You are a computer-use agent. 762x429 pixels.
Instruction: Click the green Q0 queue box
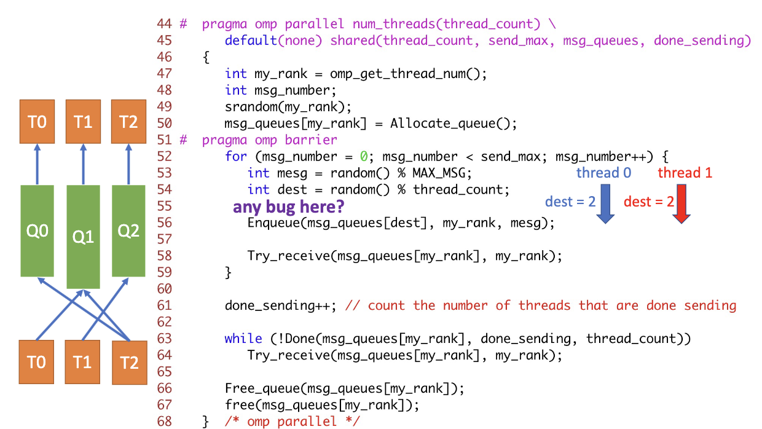point(37,231)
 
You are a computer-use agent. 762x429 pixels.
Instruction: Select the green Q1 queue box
point(83,236)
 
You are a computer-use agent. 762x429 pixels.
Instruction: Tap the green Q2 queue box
point(128,231)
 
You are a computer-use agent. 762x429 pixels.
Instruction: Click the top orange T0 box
point(37,122)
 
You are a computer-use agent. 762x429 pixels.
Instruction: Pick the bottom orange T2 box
point(128,363)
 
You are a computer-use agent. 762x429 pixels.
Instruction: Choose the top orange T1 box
point(83,122)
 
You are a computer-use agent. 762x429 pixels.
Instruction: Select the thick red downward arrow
point(681,207)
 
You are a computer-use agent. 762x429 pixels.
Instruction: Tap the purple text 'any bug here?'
point(289,207)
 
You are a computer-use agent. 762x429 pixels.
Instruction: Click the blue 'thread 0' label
point(603,173)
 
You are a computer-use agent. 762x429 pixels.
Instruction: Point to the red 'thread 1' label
point(685,173)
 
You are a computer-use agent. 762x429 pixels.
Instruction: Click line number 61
point(164,305)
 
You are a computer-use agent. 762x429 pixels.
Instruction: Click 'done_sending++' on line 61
point(277,305)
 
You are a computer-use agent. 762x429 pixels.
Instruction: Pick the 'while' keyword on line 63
point(243,339)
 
